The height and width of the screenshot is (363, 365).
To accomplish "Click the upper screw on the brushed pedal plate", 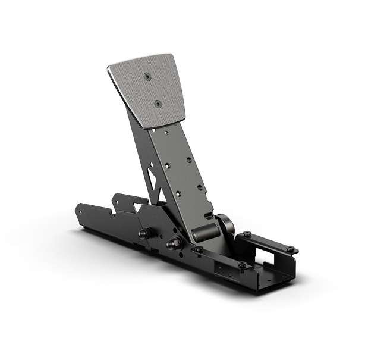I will [x=147, y=76].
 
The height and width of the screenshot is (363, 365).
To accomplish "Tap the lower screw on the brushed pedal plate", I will [x=158, y=104].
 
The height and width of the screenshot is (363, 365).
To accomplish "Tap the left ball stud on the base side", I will [x=144, y=233].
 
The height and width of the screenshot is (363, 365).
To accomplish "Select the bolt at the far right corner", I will [x=290, y=249].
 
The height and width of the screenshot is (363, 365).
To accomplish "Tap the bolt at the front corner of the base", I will [x=242, y=265].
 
